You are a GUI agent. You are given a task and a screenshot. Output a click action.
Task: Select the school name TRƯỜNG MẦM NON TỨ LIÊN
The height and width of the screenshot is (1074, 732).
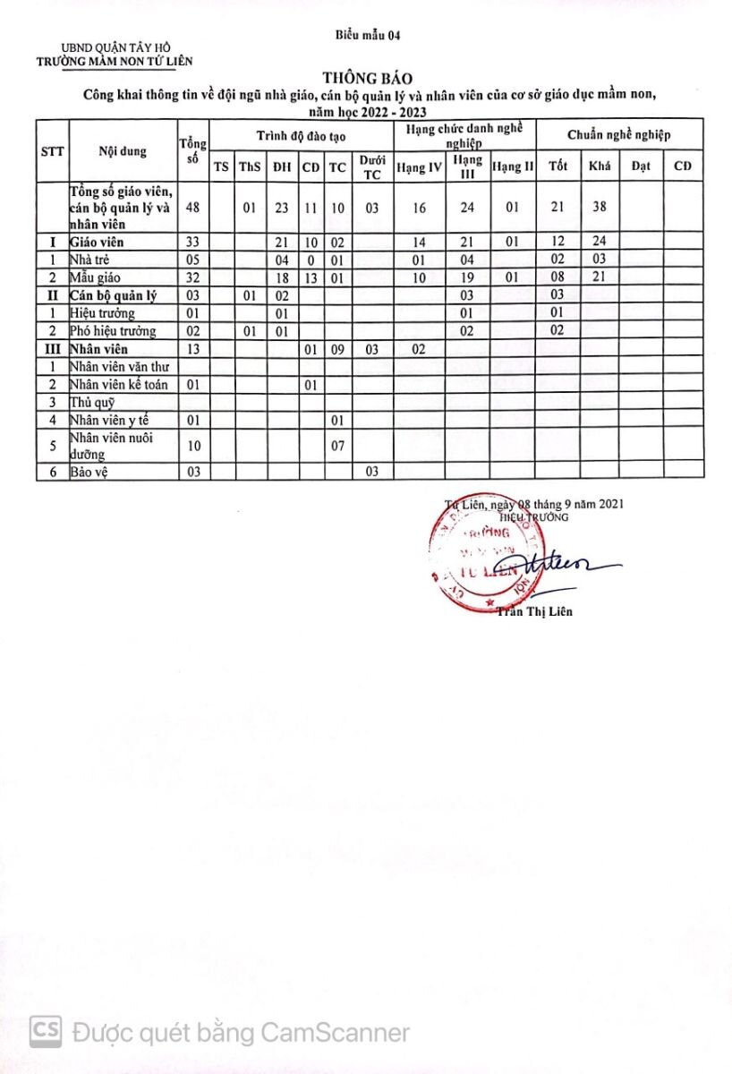pyautogui.click(x=114, y=61)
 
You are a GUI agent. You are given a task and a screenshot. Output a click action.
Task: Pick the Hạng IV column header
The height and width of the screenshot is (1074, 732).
pyautogui.click(x=419, y=166)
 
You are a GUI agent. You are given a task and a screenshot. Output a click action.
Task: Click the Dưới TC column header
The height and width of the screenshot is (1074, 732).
pyautogui.click(x=371, y=166)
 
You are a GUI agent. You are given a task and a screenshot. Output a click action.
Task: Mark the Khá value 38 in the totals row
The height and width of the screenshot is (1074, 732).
pyautogui.click(x=599, y=208)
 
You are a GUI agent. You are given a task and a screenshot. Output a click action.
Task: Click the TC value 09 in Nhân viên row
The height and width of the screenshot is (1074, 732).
pyautogui.click(x=336, y=349)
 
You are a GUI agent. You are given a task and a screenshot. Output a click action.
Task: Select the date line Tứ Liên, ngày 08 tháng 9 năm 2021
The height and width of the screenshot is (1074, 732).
pyautogui.click(x=534, y=504)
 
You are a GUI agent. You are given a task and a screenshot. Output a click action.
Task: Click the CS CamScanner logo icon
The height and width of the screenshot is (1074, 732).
pyautogui.click(x=45, y=1032)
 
